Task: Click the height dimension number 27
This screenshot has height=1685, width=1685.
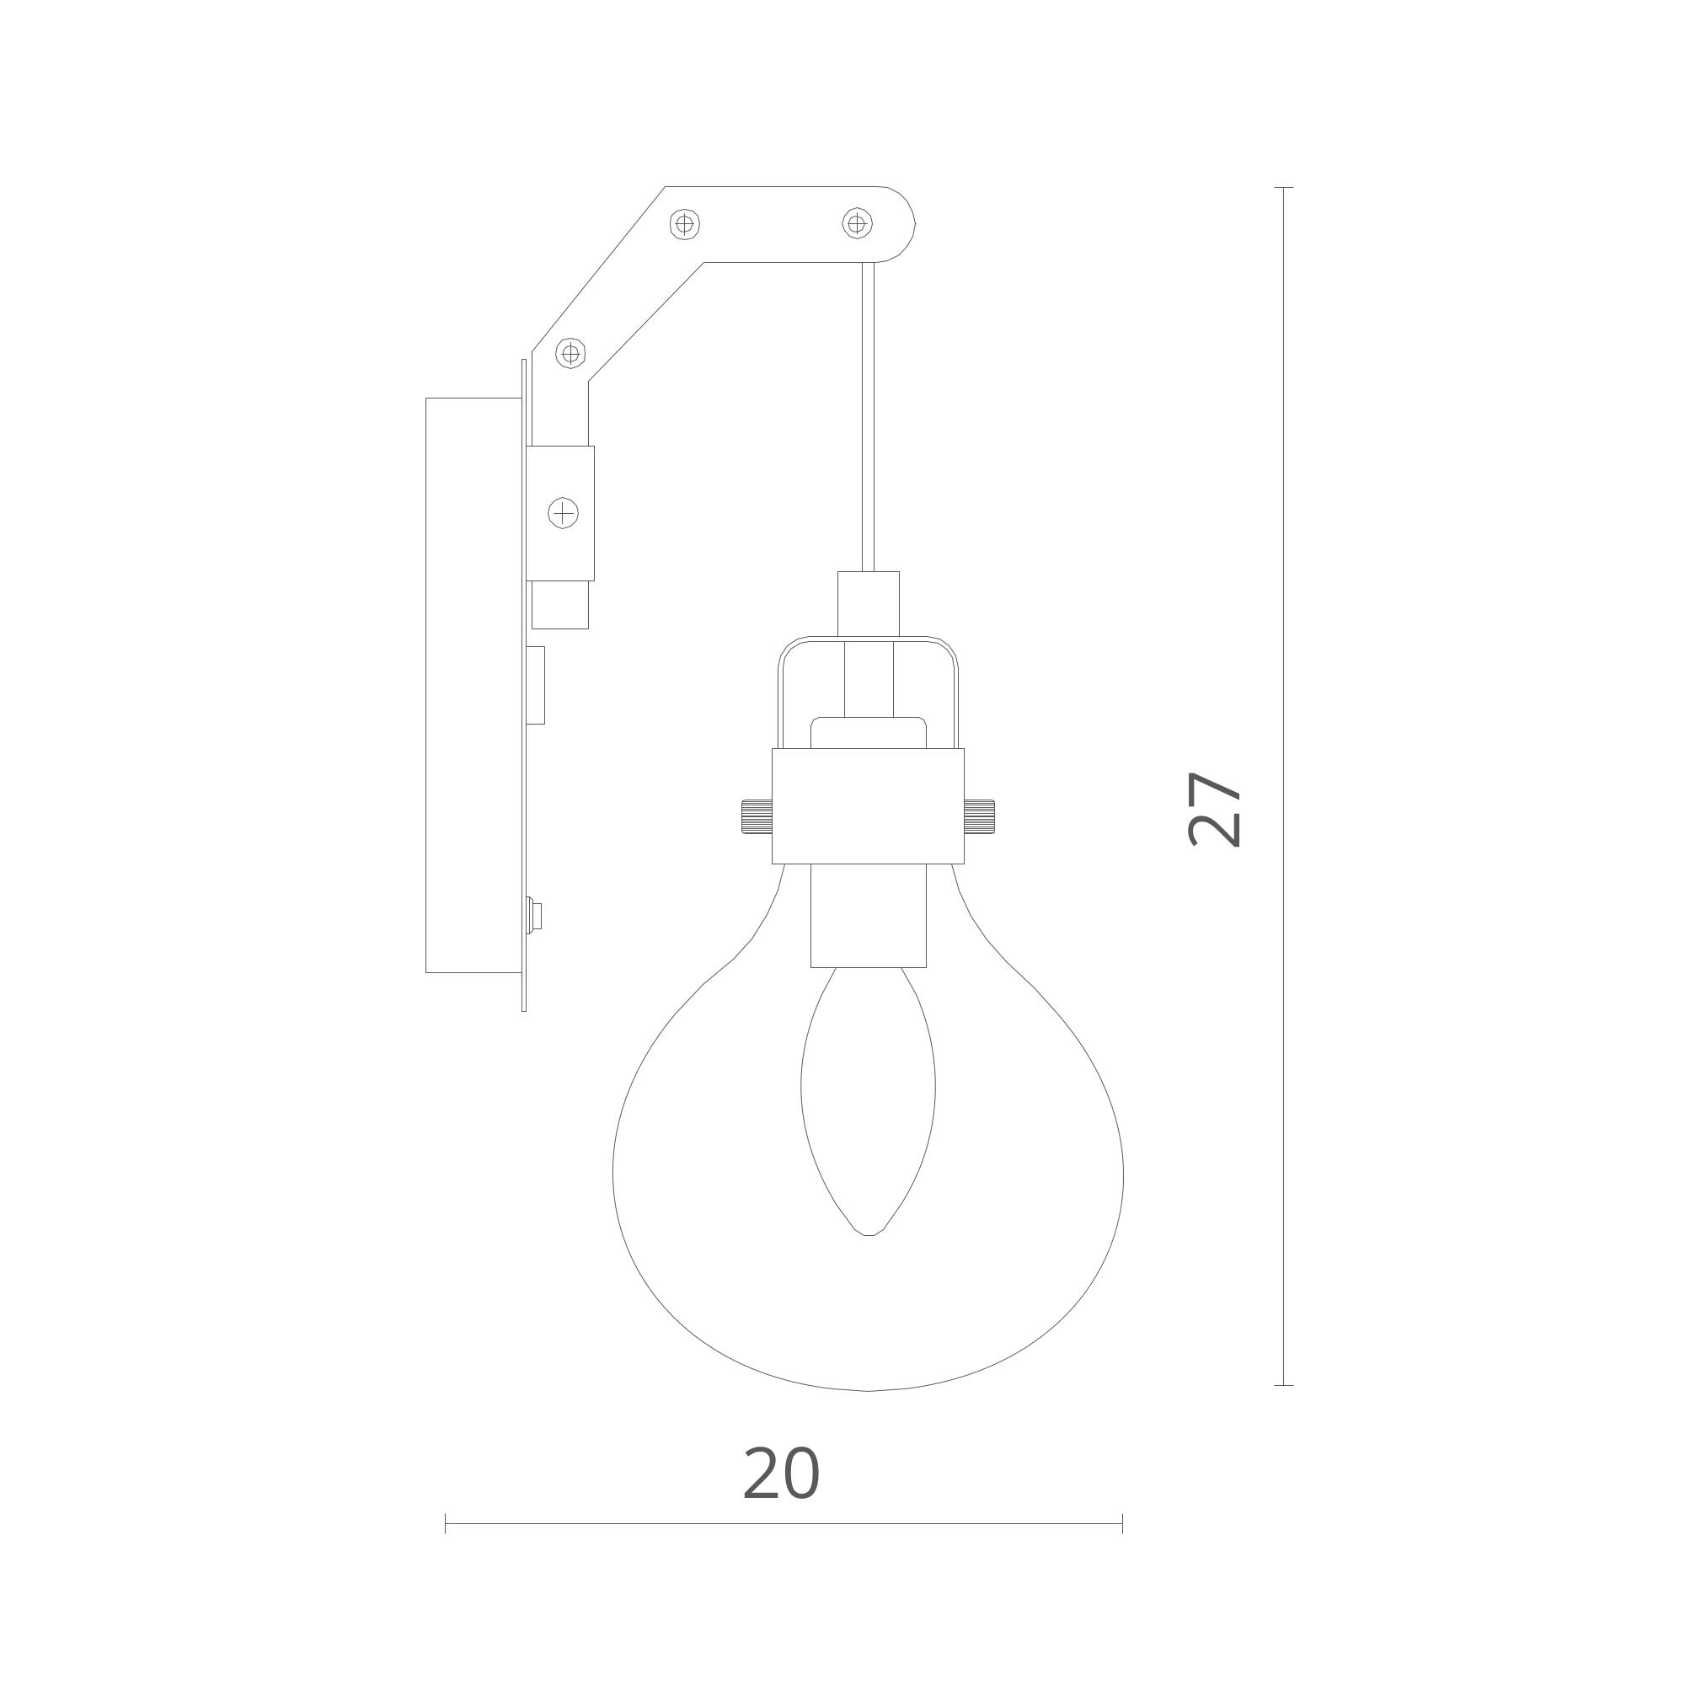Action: pyautogui.click(x=1215, y=810)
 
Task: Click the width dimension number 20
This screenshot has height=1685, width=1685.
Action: pyautogui.click(x=781, y=1473)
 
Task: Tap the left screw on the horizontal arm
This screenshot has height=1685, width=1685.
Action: pyautogui.click(x=685, y=224)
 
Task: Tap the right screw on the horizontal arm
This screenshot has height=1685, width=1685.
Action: pyautogui.click(x=858, y=223)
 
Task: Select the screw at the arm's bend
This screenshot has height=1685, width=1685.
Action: pyautogui.click(x=570, y=353)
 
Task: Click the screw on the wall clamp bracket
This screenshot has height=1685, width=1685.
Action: pyautogui.click(x=564, y=513)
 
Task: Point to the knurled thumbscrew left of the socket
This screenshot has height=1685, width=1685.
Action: pyautogui.click(x=757, y=816)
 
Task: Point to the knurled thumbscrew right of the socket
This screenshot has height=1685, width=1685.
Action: pyautogui.click(x=980, y=816)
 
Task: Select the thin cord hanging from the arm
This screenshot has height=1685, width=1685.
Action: pyautogui.click(x=868, y=417)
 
